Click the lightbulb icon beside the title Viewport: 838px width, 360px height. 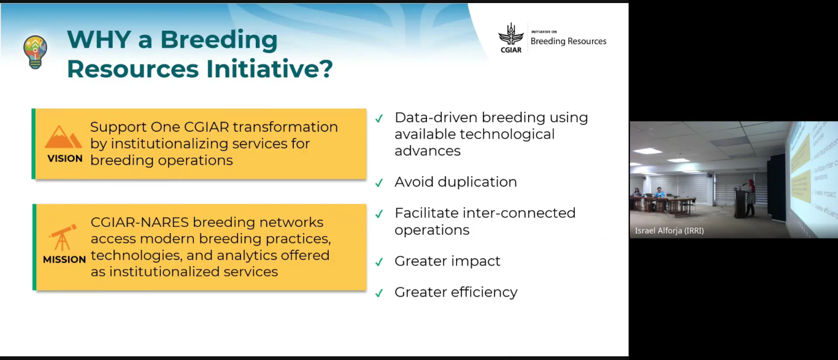(x=35, y=52)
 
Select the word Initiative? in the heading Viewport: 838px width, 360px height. (x=269, y=69)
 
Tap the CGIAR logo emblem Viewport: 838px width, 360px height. (x=510, y=38)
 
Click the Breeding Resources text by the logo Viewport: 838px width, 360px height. (x=568, y=41)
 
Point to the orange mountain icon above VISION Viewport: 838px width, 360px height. (x=63, y=137)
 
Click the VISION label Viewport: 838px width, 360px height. (x=64, y=158)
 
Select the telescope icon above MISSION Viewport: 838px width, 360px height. (x=63, y=237)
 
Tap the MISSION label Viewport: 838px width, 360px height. (x=64, y=259)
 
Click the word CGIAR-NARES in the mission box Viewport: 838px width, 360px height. (x=139, y=223)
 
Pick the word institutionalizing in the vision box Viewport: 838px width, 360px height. (x=173, y=144)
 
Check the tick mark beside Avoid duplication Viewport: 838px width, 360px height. (x=379, y=182)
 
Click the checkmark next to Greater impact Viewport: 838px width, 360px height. (x=379, y=262)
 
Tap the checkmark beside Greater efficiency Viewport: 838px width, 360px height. (x=379, y=293)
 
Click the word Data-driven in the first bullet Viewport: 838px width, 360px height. (x=436, y=117)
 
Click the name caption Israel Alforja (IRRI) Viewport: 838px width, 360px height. (x=669, y=231)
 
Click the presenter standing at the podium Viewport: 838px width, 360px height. (x=750, y=198)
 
